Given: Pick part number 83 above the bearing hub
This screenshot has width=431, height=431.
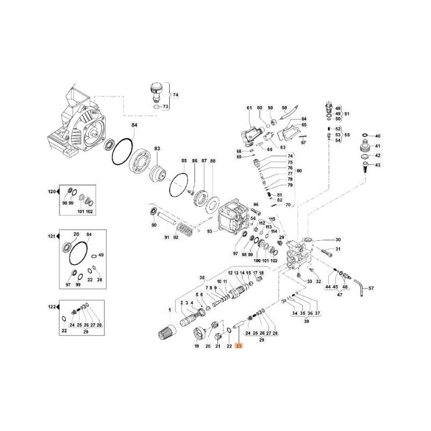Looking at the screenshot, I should click(157, 148).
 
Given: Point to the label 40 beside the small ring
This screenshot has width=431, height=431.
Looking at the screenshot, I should click(377, 136).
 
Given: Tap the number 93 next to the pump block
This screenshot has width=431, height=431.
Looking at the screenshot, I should click(210, 232).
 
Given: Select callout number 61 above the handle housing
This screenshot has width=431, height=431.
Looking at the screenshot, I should click(249, 108).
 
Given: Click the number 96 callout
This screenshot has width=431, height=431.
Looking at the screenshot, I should click(256, 204).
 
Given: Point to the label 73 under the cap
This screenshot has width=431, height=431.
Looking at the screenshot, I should click(166, 107).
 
